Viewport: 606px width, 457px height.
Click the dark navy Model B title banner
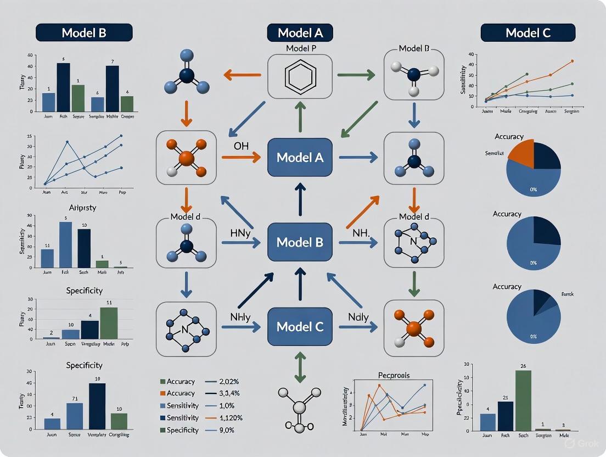click(84, 32)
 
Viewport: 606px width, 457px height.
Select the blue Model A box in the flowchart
click(300, 158)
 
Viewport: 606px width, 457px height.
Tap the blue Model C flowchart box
click(300, 327)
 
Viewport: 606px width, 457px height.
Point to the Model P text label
click(300, 48)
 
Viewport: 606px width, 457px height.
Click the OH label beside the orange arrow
click(242, 146)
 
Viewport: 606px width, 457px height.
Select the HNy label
click(240, 231)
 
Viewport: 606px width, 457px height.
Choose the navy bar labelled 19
click(97, 406)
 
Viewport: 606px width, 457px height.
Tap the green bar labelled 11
click(109, 322)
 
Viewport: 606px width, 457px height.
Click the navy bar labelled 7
click(113, 88)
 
